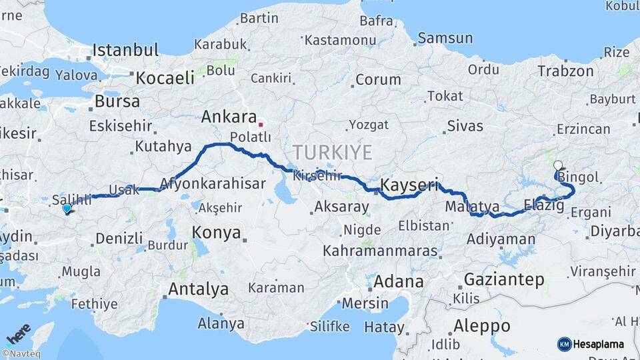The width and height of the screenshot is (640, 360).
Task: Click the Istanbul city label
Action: pos(125,50)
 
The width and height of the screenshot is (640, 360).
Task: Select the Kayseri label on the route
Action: pos(409,185)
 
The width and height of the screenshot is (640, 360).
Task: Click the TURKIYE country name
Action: pos(331,151)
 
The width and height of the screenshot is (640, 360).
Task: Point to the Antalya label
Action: pos(198,289)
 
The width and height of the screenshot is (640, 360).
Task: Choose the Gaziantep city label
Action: pos(503,279)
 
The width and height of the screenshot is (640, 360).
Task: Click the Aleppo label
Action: pos(481,326)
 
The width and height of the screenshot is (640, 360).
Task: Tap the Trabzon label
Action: pos(565,71)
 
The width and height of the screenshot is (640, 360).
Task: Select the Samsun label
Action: pos(445,38)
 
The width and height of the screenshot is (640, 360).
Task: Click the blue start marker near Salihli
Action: pos(67,209)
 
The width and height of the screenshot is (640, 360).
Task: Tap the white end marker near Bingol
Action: pos(557,165)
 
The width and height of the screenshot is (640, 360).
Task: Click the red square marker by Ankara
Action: pos(261,124)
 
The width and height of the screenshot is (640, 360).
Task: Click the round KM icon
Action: pos(564,344)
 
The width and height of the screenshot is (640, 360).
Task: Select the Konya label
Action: pos(216,233)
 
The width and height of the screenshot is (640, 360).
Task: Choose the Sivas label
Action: pos(465,125)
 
